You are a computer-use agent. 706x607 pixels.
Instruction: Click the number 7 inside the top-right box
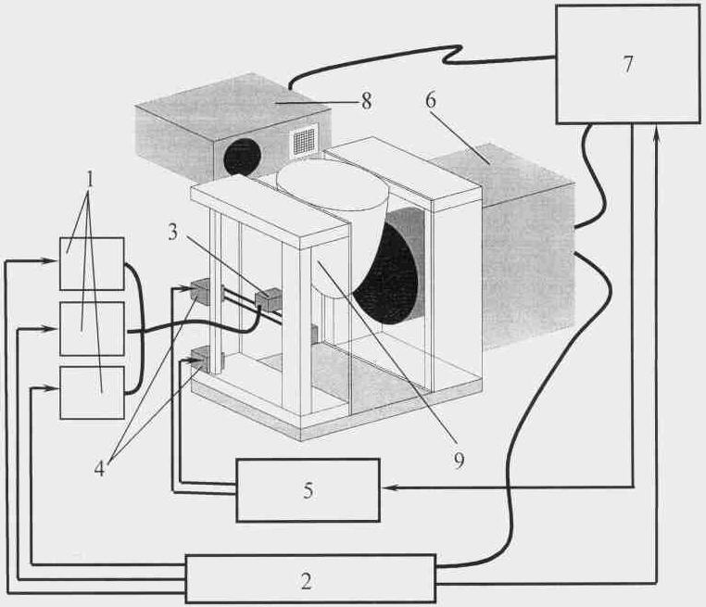628,64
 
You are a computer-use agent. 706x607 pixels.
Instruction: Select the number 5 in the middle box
309,490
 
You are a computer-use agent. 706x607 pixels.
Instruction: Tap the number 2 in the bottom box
306,581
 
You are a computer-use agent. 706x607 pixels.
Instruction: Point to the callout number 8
367,101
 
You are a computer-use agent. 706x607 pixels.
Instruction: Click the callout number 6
431,100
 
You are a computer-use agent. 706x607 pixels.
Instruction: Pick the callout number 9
459,461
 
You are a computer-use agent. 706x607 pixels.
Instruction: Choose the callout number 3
173,233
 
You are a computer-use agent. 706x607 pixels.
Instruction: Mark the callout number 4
99,468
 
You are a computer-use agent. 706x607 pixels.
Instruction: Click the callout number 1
90,179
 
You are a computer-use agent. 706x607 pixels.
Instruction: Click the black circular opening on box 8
242,158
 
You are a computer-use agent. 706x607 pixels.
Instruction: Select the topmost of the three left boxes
93,264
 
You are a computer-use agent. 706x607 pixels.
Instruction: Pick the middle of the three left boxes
93,328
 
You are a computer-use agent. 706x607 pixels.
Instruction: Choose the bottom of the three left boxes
93,392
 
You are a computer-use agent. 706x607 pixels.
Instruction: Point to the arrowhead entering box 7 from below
658,133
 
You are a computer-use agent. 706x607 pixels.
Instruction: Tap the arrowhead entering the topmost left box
50,260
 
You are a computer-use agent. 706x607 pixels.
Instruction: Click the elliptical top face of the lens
333,184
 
